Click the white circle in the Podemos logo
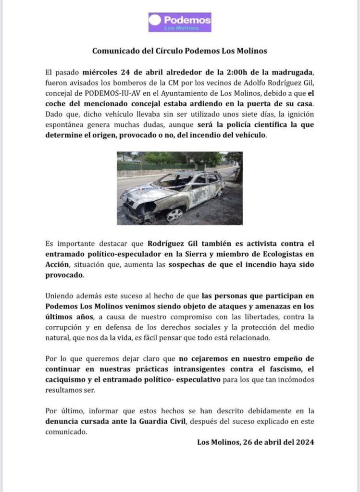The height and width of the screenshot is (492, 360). point(155,20)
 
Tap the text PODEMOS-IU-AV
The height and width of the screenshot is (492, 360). point(109,94)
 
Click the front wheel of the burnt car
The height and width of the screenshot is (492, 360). point(174,214)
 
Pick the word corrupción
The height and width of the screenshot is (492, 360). point(65,327)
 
